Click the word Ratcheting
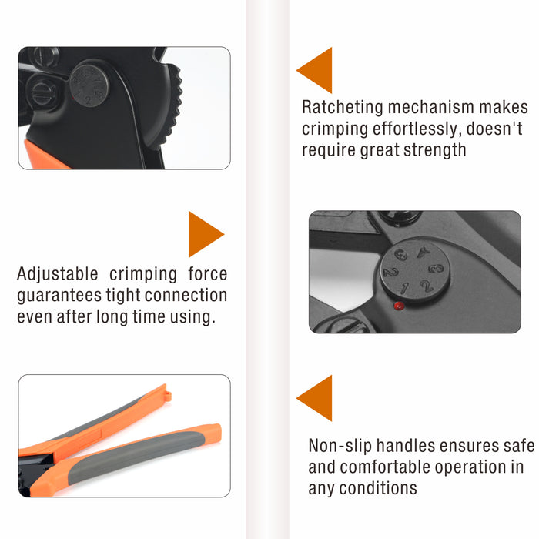click(342, 107)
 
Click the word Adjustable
click(58, 274)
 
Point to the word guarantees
click(59, 295)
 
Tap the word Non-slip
click(340, 446)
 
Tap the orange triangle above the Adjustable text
click(206, 234)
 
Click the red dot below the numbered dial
click(399, 306)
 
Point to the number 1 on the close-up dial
click(404, 288)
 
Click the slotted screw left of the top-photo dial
click(42, 93)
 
